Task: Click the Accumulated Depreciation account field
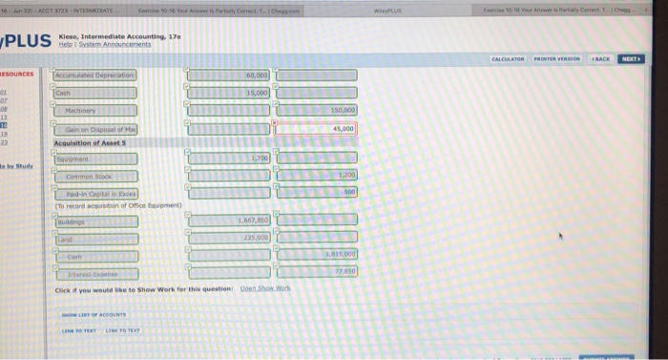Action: point(95,75)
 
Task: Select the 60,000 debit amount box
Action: point(229,75)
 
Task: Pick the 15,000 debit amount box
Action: point(229,93)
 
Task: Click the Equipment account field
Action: point(95,159)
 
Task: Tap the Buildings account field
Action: point(95,221)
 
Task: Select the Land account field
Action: point(95,238)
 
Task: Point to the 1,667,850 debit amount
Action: point(229,221)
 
